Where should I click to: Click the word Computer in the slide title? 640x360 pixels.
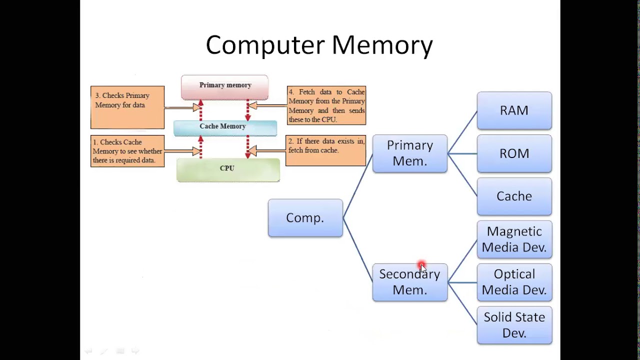265,45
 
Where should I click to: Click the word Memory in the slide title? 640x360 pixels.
382,45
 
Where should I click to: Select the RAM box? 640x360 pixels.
514,110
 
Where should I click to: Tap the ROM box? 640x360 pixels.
514,153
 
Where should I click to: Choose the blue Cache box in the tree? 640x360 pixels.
514,196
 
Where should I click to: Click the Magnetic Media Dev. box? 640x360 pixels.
514,239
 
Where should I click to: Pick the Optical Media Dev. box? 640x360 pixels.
514,282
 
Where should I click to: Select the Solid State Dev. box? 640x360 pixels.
514,325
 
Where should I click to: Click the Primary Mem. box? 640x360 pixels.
409,153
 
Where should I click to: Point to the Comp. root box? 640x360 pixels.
305,218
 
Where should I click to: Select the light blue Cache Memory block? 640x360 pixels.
224,128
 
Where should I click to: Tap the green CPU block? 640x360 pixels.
227,170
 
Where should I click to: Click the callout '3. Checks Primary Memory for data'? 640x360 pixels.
127,106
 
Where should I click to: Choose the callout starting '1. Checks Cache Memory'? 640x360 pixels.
127,151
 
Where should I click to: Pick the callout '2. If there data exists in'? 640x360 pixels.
325,150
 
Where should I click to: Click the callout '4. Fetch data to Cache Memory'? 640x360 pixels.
326,105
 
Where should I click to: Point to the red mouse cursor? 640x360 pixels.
421,267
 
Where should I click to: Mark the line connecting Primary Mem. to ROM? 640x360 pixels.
462,153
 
